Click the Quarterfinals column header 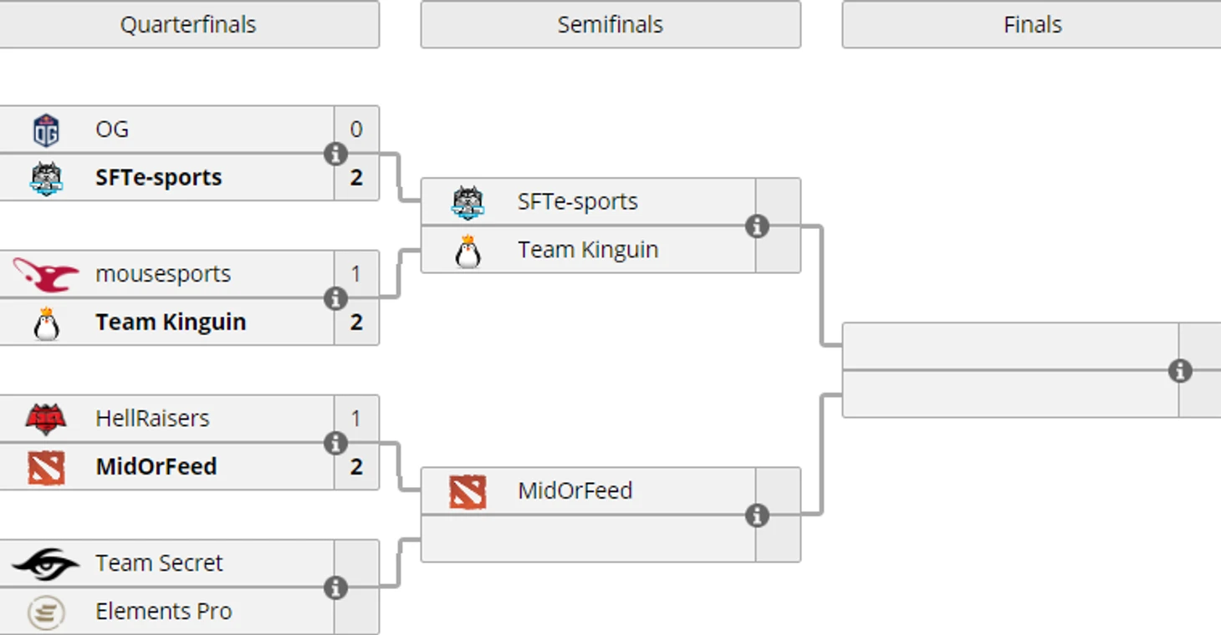click(x=188, y=24)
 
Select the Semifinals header click(x=610, y=24)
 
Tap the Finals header click(x=1031, y=24)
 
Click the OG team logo click(x=46, y=130)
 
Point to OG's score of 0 click(x=356, y=130)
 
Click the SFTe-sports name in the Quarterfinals click(x=158, y=177)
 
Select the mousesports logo click(x=46, y=275)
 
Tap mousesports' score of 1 click(x=356, y=274)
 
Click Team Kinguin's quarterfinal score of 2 click(x=356, y=323)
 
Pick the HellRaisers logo click(x=46, y=419)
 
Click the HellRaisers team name click(x=152, y=418)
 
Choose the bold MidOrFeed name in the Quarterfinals click(x=156, y=466)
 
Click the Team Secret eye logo click(x=46, y=564)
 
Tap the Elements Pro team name click(x=163, y=612)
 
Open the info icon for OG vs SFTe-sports click(x=335, y=154)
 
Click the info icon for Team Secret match click(x=335, y=587)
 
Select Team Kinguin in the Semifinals click(x=587, y=250)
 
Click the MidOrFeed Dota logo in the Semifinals click(x=467, y=492)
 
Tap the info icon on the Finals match click(x=1179, y=370)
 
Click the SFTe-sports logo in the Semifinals click(x=467, y=202)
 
